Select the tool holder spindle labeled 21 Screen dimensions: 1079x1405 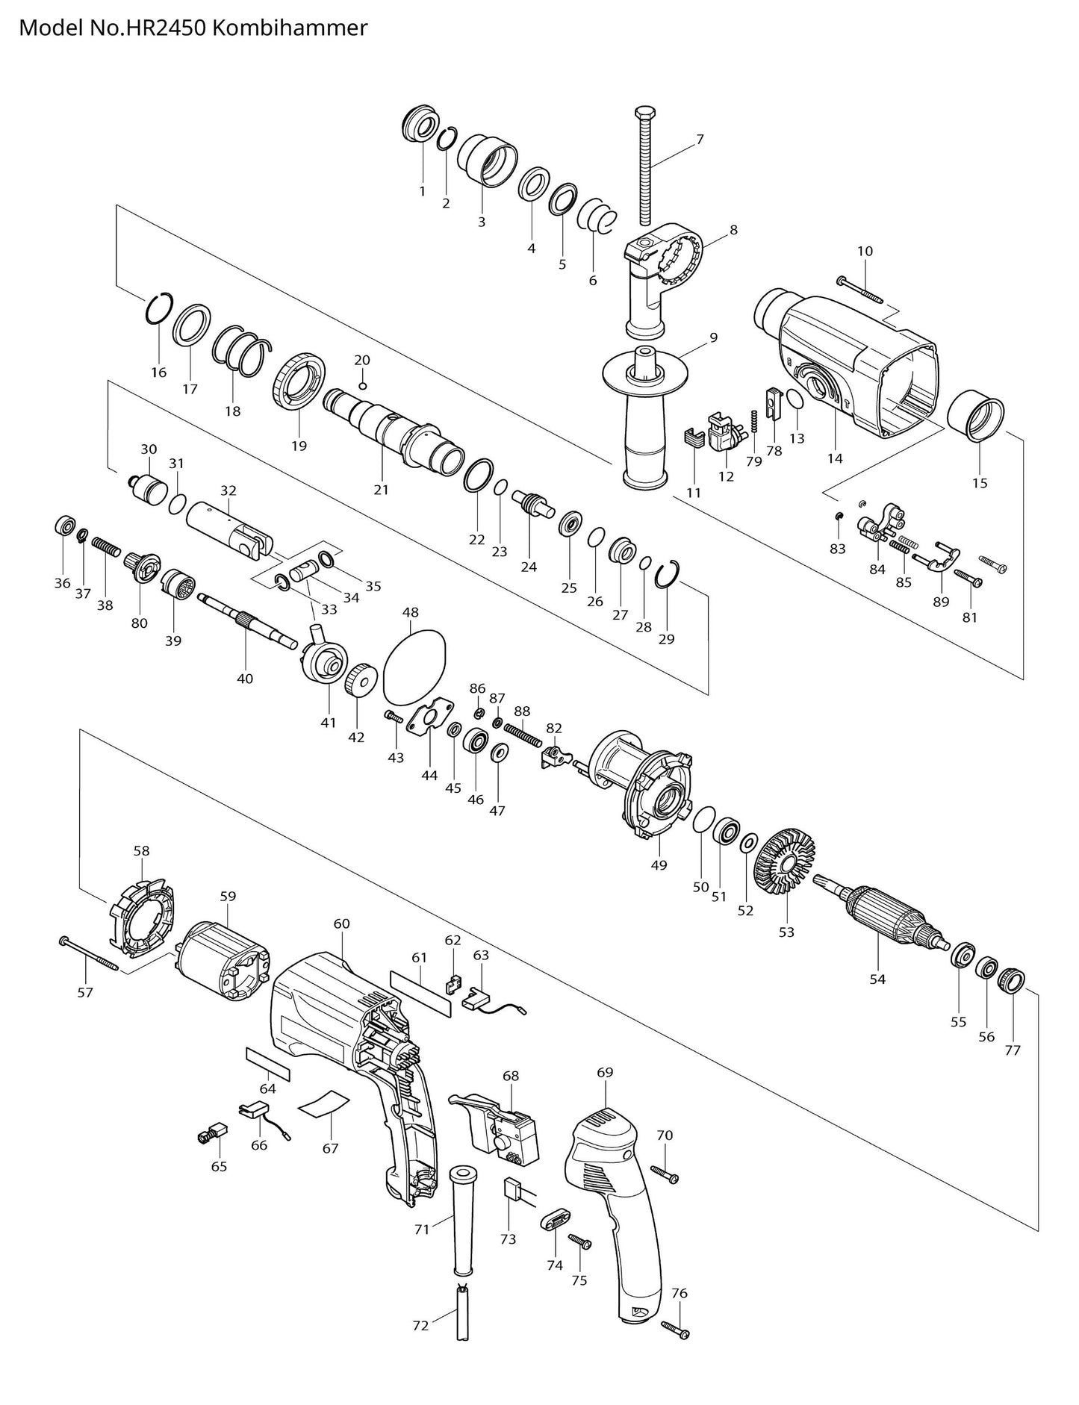point(394,432)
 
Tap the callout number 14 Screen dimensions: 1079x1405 point(835,458)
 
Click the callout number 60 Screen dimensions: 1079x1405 point(341,923)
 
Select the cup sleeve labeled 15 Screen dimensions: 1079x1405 point(976,417)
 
